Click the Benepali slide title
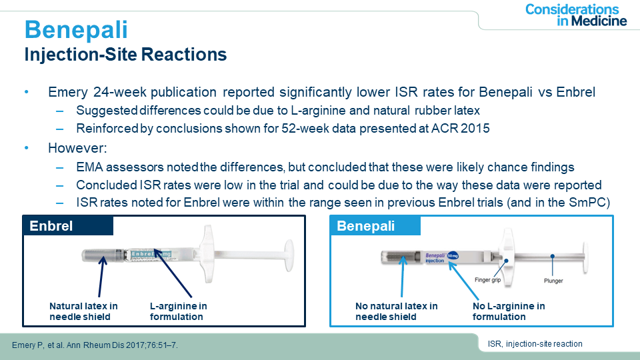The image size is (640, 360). (76, 30)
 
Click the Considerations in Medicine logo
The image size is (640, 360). (575, 15)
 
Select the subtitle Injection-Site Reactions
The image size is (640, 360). (125, 55)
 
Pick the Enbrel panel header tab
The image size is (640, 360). (68, 226)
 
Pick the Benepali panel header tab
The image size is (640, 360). (375, 226)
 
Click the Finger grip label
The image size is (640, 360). (488, 280)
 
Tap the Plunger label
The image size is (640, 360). (553, 281)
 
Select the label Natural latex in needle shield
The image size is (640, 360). (83, 311)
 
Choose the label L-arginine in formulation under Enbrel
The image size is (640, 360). (179, 311)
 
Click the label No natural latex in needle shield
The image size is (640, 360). (396, 311)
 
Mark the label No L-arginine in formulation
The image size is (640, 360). (509, 311)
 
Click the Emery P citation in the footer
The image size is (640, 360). (95, 345)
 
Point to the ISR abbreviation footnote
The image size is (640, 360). (535, 344)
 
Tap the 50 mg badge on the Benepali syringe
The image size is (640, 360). (453, 256)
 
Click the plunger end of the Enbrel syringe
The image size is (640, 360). (289, 255)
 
